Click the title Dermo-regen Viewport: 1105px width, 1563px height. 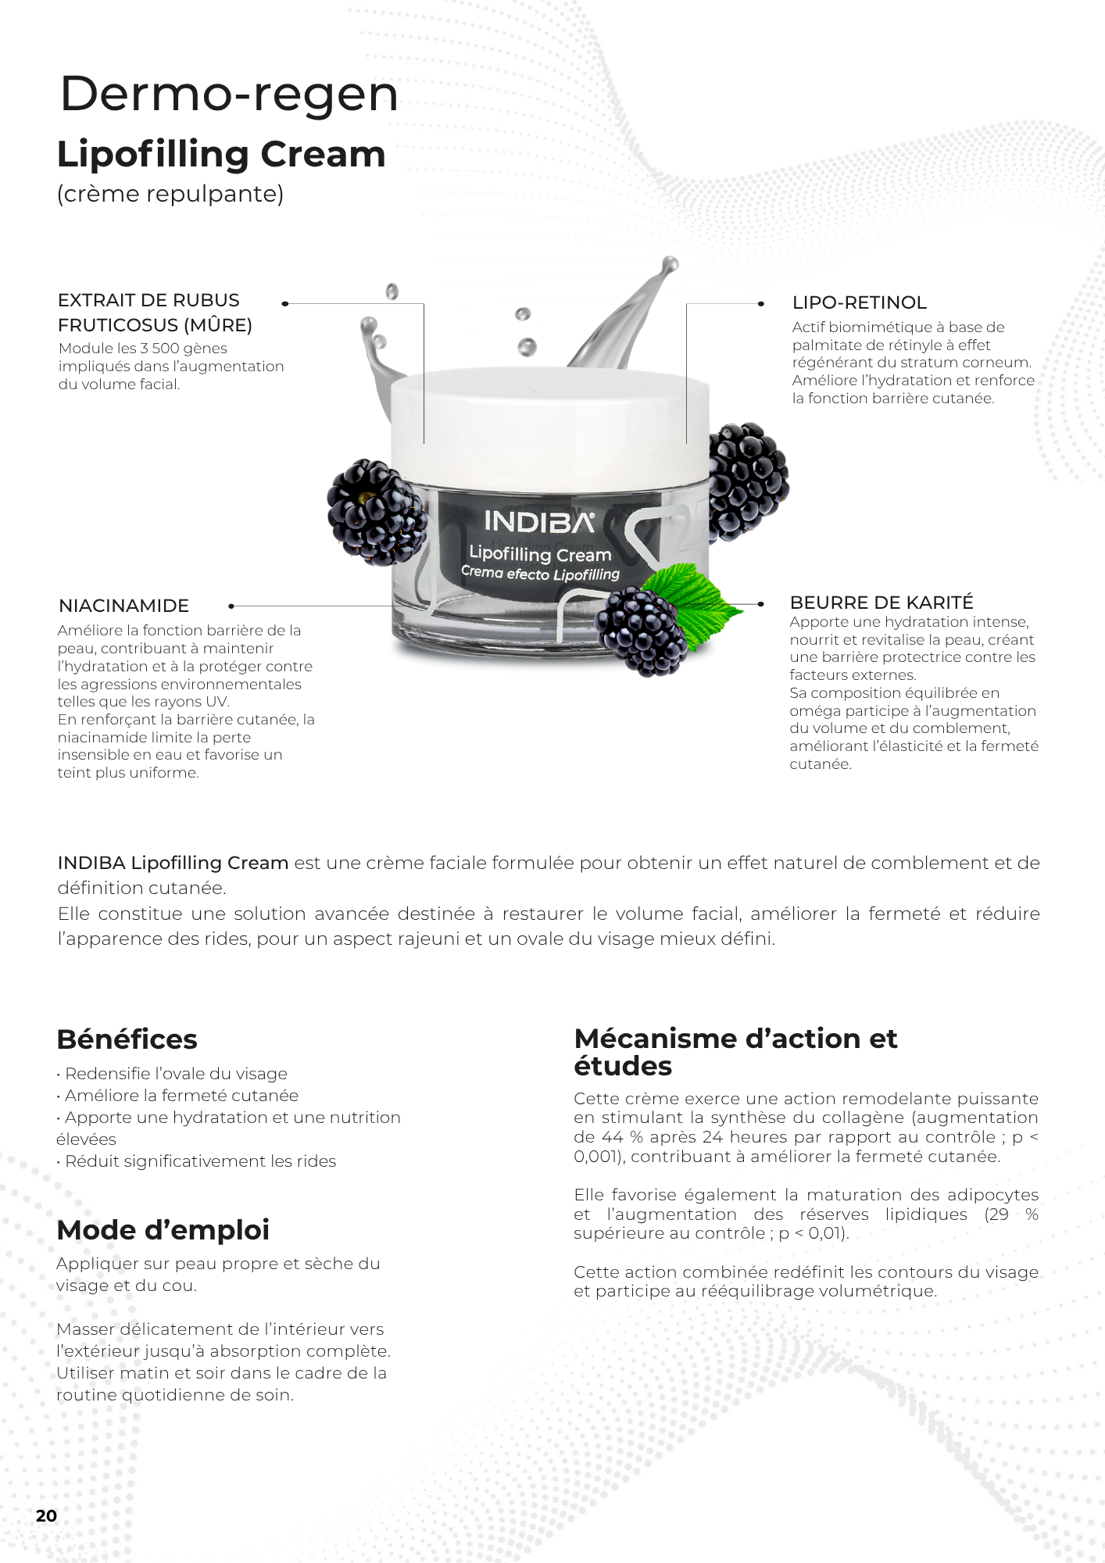(x=229, y=94)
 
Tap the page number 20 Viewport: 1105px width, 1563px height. (x=47, y=1515)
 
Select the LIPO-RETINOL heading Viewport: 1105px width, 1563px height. (x=859, y=302)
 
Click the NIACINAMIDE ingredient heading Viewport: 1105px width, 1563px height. (x=123, y=606)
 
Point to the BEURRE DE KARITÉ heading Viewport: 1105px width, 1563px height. (x=881, y=603)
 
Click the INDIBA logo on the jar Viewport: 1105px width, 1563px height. (x=539, y=521)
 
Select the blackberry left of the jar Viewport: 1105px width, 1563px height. (x=377, y=513)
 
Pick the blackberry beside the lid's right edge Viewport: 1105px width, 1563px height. (x=748, y=480)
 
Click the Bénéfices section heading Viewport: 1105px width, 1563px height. (x=127, y=1039)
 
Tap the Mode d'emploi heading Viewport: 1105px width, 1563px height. (x=163, y=1230)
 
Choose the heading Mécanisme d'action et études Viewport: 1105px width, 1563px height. (x=735, y=1052)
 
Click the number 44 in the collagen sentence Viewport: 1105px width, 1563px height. (x=612, y=1137)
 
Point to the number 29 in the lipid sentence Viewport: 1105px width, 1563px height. (x=996, y=1214)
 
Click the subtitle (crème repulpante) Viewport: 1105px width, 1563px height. (x=170, y=194)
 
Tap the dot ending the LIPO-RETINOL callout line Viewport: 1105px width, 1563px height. (x=760, y=303)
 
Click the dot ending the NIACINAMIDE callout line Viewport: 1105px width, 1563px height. (x=231, y=606)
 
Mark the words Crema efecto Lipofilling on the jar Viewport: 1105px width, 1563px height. (x=540, y=574)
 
